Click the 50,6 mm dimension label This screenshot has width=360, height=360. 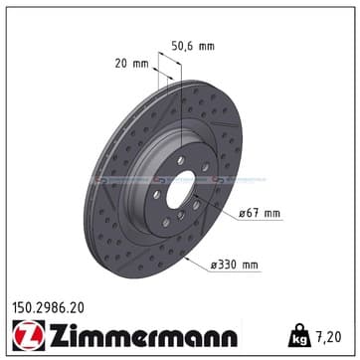point(193,46)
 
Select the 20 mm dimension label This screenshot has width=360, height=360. point(132,64)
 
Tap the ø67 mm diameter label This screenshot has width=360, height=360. point(259,213)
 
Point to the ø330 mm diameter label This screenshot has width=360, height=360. point(234,266)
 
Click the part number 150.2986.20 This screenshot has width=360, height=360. point(48,308)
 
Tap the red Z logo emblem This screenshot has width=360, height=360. point(29,335)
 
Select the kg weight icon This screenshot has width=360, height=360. point(299,335)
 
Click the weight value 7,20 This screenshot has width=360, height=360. point(328,337)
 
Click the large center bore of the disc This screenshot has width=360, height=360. point(181,190)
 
